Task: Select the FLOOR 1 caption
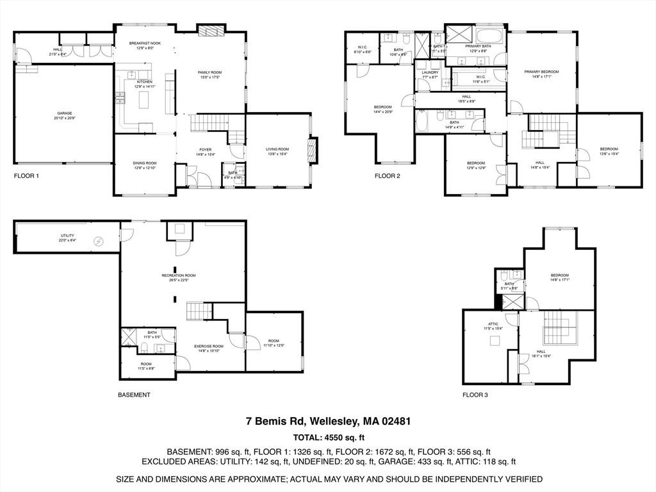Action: coord(27,176)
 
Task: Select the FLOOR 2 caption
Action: coord(388,176)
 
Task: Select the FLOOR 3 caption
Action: coord(475,395)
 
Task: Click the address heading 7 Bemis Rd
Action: coord(328,422)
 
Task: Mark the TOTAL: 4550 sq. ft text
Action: coord(328,438)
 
